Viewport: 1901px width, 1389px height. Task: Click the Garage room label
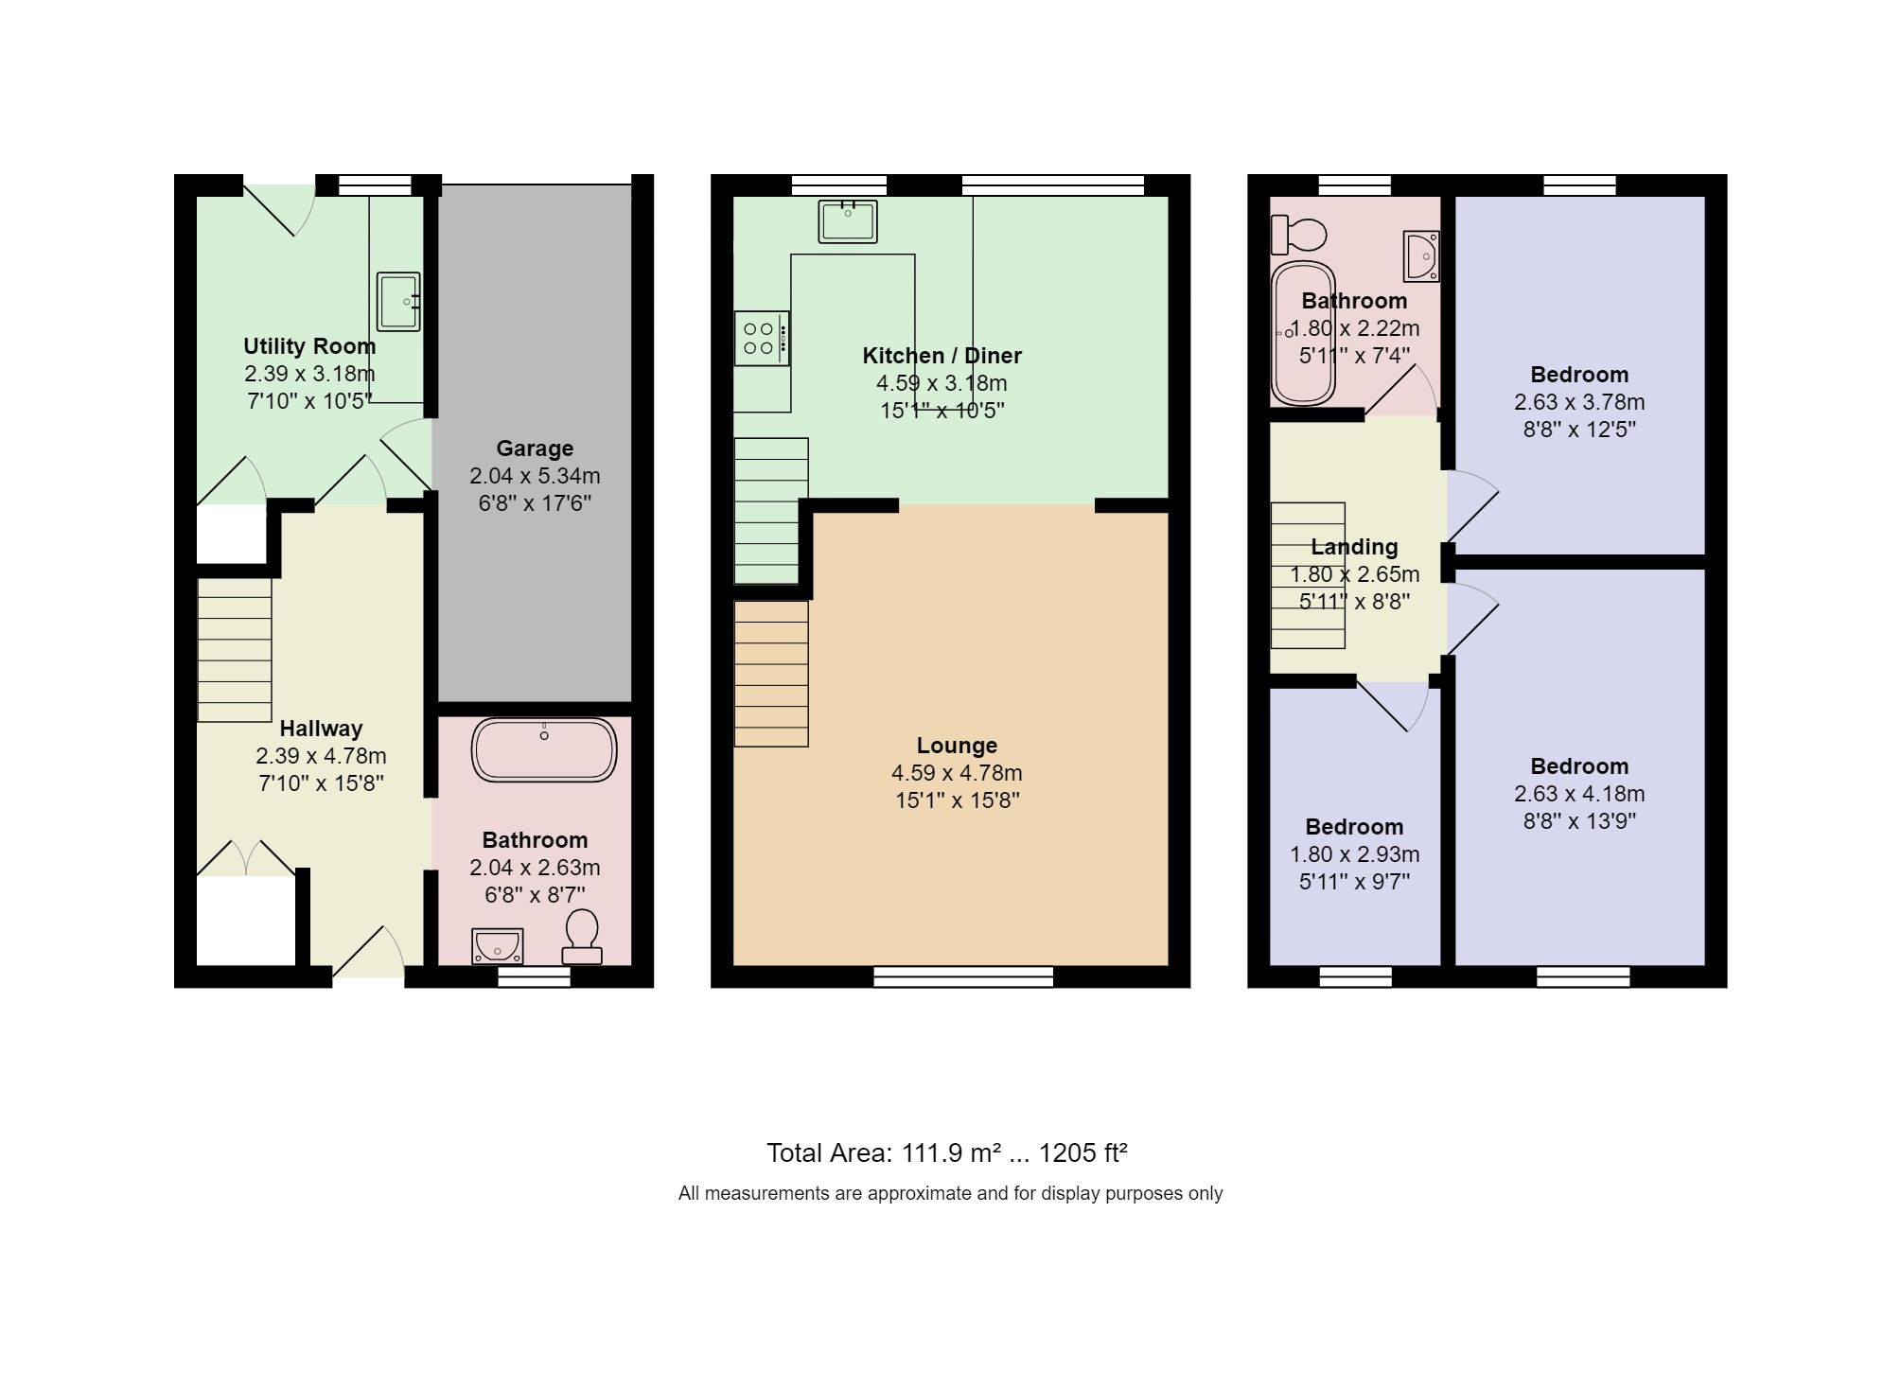pos(535,448)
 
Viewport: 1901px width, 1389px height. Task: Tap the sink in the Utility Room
pos(398,302)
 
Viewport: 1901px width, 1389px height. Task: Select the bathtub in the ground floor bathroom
pos(544,750)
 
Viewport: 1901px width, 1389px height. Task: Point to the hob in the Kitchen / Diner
pos(761,339)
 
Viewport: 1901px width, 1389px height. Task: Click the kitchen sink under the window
pos(848,221)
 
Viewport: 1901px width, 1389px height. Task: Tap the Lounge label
pos(957,746)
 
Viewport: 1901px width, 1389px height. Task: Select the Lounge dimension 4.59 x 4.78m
pos(957,773)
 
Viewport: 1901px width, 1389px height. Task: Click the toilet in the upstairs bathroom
pos(1298,234)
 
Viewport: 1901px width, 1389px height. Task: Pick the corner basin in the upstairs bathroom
pos(1421,256)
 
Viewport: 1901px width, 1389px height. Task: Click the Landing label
pos(1354,547)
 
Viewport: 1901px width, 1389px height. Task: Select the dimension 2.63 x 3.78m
pos(1579,402)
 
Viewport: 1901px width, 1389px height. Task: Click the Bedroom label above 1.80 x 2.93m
pos(1354,827)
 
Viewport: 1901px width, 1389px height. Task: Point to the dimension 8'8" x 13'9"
pos(1579,821)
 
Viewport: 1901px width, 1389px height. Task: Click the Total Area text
pos(946,1153)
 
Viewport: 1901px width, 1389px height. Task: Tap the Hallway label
pos(321,729)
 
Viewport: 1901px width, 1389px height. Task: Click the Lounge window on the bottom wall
pos(963,976)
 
